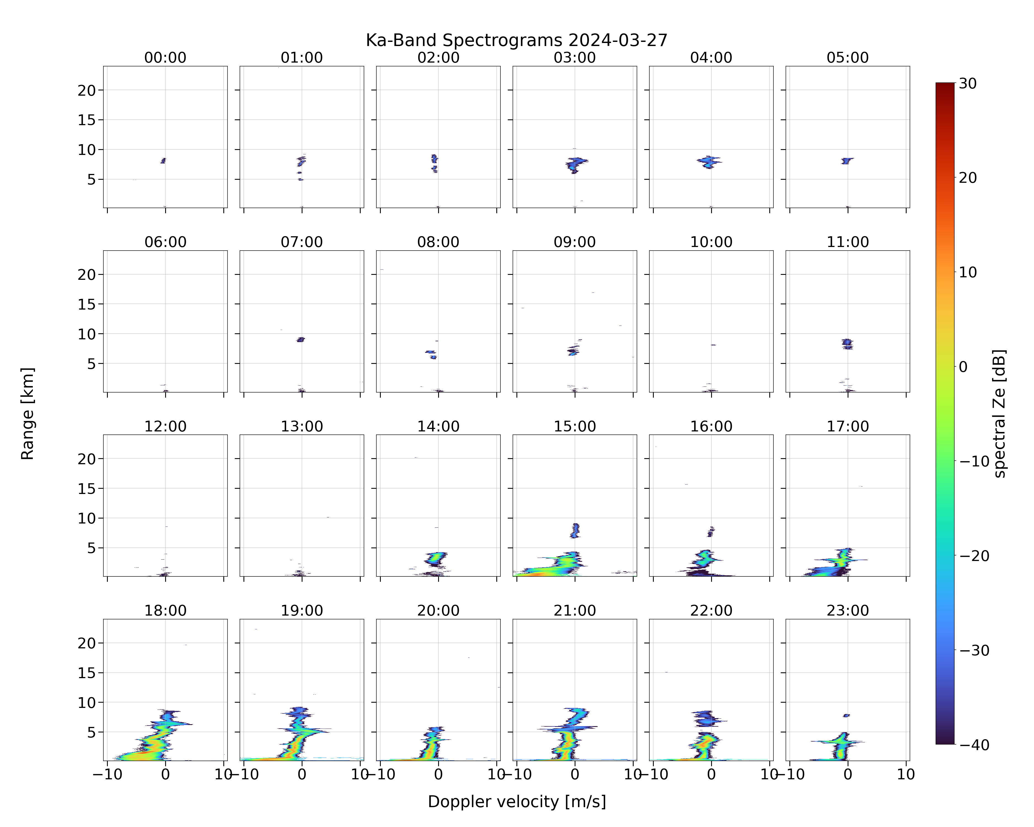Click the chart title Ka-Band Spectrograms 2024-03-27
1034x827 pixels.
[516, 40]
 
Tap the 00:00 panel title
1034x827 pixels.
[165, 58]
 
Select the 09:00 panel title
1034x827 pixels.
[575, 242]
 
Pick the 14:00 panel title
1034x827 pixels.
[438, 426]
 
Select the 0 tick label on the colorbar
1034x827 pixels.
[963, 367]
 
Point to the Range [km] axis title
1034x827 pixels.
[27, 413]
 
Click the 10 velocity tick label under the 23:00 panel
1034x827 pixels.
[906, 774]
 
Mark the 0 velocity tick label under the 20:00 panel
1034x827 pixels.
[438, 774]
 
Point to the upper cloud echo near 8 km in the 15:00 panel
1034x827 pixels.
[575, 530]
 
